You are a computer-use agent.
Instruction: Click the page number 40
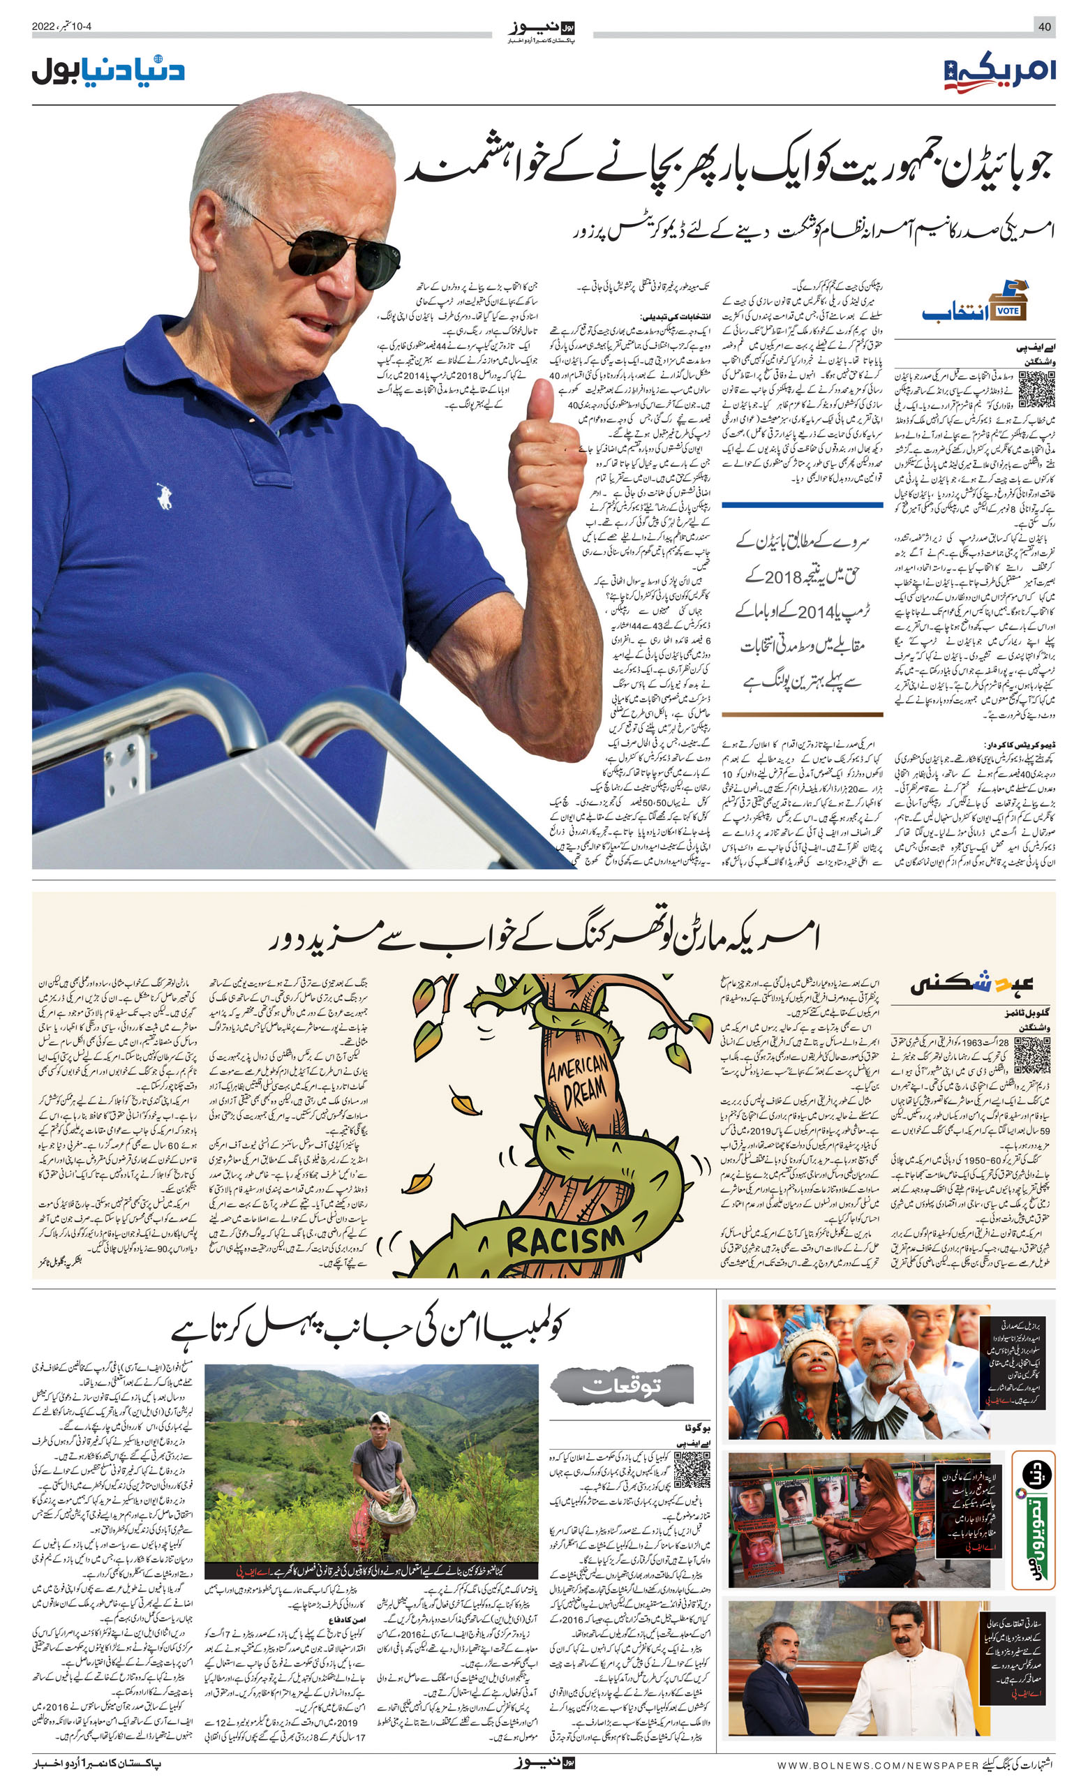(x=1045, y=27)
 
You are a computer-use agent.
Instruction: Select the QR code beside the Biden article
(x=1035, y=389)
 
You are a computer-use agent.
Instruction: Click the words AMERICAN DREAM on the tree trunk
(x=578, y=1082)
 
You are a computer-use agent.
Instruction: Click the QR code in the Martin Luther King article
(x=1031, y=1055)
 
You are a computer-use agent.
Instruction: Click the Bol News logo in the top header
(x=542, y=29)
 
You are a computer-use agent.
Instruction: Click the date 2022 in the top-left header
(x=43, y=27)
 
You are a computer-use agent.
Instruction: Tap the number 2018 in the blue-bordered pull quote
(x=782, y=577)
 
